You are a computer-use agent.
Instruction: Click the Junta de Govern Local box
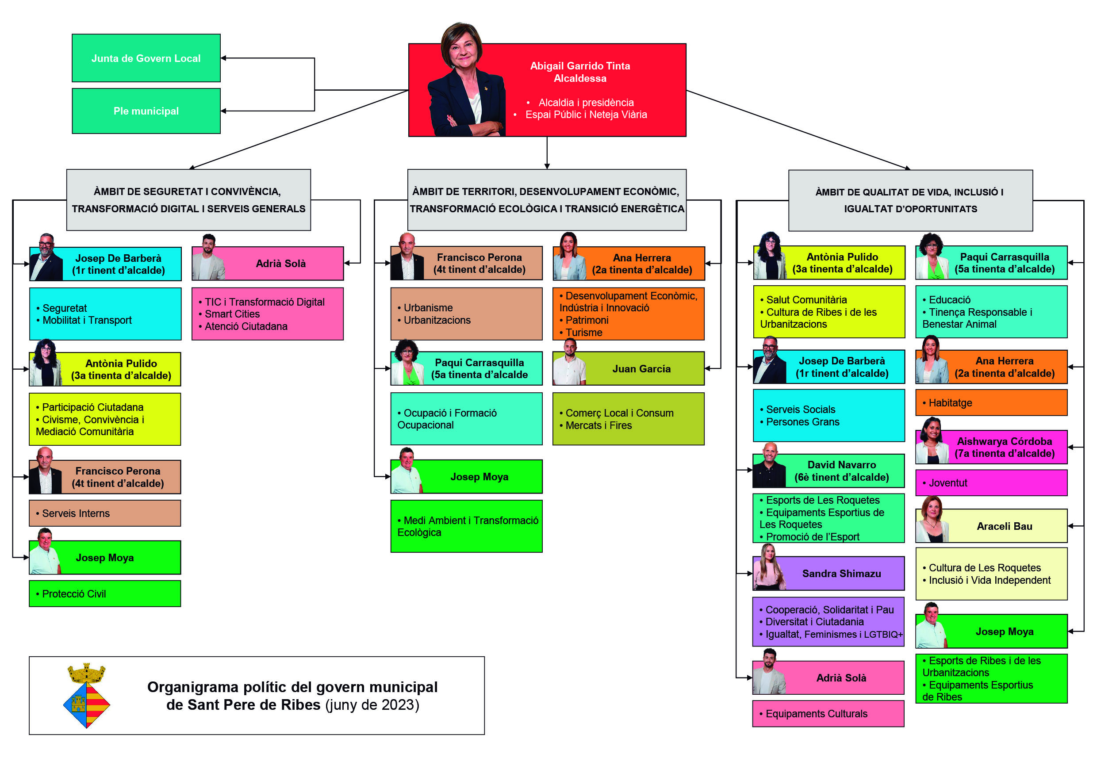coord(146,58)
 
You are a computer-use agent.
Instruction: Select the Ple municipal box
coord(146,111)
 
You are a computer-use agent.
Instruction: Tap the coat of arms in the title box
coord(87,696)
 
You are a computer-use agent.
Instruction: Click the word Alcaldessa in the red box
coord(580,78)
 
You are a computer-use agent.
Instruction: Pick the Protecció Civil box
coord(105,594)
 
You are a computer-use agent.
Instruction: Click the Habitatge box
coord(991,403)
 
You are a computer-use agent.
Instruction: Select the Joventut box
coord(991,483)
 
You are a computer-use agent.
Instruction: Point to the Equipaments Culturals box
coord(828,714)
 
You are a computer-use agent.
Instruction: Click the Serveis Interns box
coord(105,513)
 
